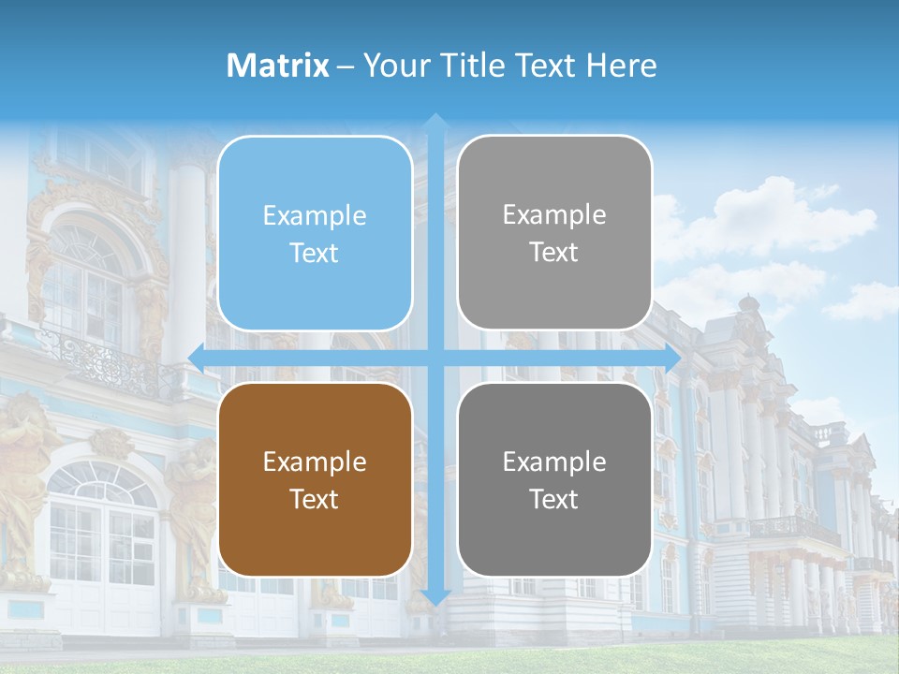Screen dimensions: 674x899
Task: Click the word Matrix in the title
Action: pyautogui.click(x=278, y=66)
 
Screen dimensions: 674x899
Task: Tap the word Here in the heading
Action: pyautogui.click(x=622, y=66)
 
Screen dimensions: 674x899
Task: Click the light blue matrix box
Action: pyautogui.click(x=315, y=233)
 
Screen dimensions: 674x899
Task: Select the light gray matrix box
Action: pyautogui.click(x=554, y=232)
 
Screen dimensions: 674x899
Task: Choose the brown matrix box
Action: pyautogui.click(x=315, y=479)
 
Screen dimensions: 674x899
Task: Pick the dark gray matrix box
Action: pyautogui.click(x=554, y=479)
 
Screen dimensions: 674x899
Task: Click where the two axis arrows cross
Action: pyautogui.click(x=435, y=358)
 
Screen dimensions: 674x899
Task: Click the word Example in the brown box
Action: pyautogui.click(x=315, y=462)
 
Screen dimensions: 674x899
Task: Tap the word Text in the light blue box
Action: pyautogui.click(x=315, y=253)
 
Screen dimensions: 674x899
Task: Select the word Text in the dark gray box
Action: pyautogui.click(x=554, y=499)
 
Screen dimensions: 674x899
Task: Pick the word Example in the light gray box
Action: pyautogui.click(x=554, y=214)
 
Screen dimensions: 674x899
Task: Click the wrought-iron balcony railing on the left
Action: pyautogui.click(x=112, y=360)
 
